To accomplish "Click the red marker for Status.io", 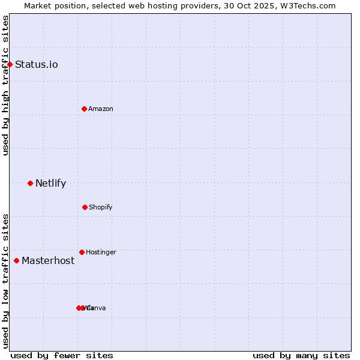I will (10, 64).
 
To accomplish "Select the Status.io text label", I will (37, 65).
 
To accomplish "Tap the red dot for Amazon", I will (84, 109).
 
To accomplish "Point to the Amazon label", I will (101, 109).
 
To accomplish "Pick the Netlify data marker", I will (30, 183).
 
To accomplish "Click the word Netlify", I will (50, 184).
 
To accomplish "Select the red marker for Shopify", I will (85, 207).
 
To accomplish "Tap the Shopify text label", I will (101, 208).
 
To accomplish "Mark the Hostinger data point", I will (82, 252).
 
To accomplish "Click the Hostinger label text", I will (101, 253).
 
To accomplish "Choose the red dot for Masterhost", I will (16, 260).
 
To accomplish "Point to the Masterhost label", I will (48, 261).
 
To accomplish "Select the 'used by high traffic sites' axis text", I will (5, 85).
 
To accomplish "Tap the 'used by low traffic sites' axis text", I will (5, 280).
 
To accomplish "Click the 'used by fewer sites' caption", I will (62, 355).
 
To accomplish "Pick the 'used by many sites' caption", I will (301, 355).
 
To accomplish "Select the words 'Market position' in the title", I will (51, 5).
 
